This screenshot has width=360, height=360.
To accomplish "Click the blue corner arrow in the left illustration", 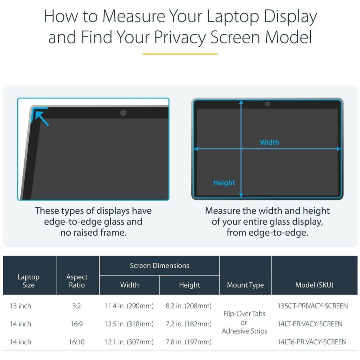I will [x=41, y=118].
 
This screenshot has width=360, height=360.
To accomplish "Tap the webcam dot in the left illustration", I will [x=123, y=113].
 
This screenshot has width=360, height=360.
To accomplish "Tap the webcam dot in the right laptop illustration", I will [x=267, y=104].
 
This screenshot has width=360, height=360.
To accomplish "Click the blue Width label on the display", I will [x=270, y=142].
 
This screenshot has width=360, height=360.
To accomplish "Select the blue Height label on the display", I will [x=224, y=183].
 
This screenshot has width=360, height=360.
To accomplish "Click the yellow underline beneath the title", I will [x=180, y=54].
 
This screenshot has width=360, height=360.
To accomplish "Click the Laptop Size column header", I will [x=28, y=281].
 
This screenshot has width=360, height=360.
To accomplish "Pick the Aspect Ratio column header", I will [x=77, y=281].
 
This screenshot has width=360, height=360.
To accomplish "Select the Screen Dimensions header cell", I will [x=159, y=266].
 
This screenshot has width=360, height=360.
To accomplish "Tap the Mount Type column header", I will [x=245, y=285].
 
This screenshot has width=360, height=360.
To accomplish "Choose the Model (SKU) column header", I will [x=314, y=285].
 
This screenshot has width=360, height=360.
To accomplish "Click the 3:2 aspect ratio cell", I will [x=77, y=306].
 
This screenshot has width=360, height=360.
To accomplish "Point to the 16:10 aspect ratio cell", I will [x=77, y=342].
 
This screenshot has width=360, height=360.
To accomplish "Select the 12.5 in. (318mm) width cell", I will [x=129, y=324].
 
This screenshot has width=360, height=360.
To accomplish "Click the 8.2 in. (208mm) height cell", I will [x=189, y=306].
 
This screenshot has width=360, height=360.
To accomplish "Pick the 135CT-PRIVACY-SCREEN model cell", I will [x=312, y=306].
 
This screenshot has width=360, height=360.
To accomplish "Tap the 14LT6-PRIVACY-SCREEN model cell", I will [x=312, y=342].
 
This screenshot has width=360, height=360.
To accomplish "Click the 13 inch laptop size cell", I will [x=20, y=306].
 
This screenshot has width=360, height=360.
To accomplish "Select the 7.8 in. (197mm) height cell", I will [x=189, y=342].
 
